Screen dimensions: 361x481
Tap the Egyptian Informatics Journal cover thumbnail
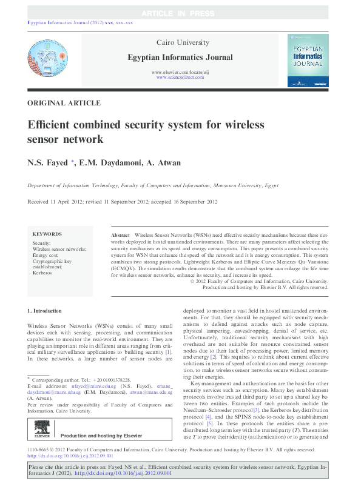click(308, 59)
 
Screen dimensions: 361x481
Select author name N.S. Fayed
click(49, 163)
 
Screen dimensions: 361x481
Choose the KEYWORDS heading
click(47, 234)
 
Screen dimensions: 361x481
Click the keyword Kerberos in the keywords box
click(42, 273)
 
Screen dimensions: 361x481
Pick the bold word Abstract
click(121, 234)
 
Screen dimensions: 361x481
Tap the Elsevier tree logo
click(42, 428)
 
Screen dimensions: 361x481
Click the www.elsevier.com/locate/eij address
click(180, 72)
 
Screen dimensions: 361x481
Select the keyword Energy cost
click(46, 255)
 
